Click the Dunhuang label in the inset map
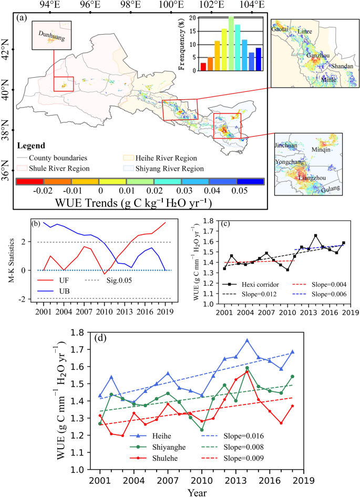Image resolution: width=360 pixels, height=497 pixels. (x=50, y=35)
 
